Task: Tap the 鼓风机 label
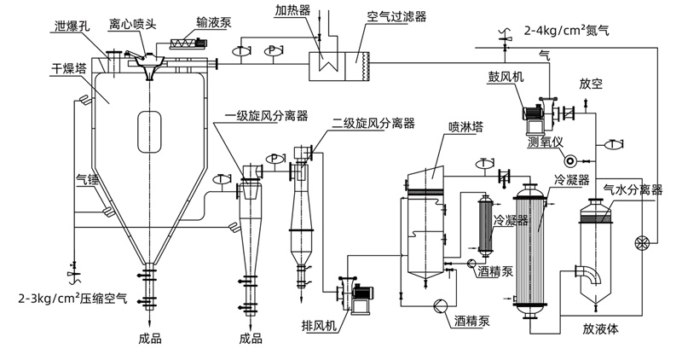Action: [512, 76]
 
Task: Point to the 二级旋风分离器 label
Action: [373, 123]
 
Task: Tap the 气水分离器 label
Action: [633, 189]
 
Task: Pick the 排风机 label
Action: [319, 325]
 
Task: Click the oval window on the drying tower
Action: [150, 131]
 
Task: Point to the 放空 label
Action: [591, 85]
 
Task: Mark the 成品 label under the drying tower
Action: [149, 338]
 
